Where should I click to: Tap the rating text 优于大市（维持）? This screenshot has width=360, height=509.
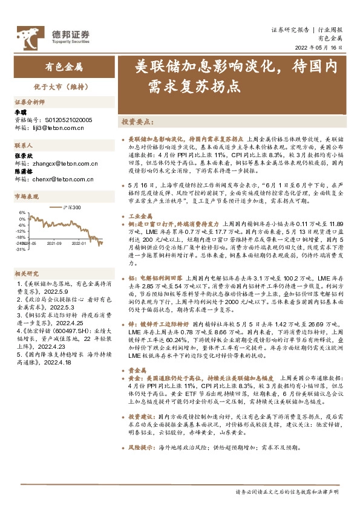[64, 86]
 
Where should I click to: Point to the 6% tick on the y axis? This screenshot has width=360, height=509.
[21, 213]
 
